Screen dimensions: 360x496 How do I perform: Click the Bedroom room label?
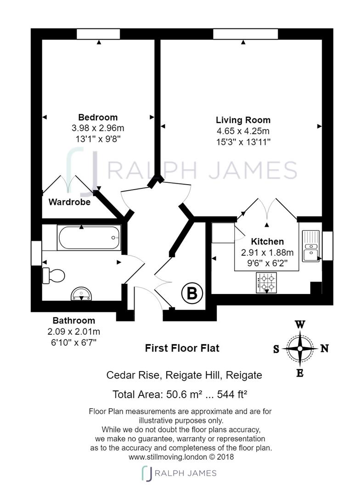(x=98, y=118)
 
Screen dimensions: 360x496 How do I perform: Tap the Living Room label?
(x=243, y=120)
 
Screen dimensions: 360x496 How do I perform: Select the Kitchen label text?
(x=267, y=242)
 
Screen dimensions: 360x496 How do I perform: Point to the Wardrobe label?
(x=69, y=202)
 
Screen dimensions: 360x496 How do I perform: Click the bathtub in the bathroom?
(x=89, y=237)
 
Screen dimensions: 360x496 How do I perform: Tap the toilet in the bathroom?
(x=53, y=276)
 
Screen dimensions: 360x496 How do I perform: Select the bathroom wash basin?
(x=81, y=293)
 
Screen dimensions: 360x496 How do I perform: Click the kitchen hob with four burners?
(x=266, y=283)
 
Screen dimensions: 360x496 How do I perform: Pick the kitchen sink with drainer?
(x=311, y=246)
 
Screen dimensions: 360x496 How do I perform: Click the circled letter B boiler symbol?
(x=192, y=293)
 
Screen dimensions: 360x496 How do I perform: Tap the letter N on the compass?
(x=324, y=349)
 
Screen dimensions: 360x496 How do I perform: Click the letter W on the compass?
(x=300, y=325)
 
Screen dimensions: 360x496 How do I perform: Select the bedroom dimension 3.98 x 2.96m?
(x=98, y=128)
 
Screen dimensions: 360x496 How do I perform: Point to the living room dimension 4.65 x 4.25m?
(x=243, y=131)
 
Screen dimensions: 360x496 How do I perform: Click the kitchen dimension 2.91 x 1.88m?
(x=267, y=253)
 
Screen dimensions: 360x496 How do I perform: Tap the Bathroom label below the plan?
(x=74, y=321)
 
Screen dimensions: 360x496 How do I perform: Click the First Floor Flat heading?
(x=182, y=348)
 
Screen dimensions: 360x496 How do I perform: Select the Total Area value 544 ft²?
(x=232, y=395)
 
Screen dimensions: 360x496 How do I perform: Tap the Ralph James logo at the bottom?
(x=179, y=473)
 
